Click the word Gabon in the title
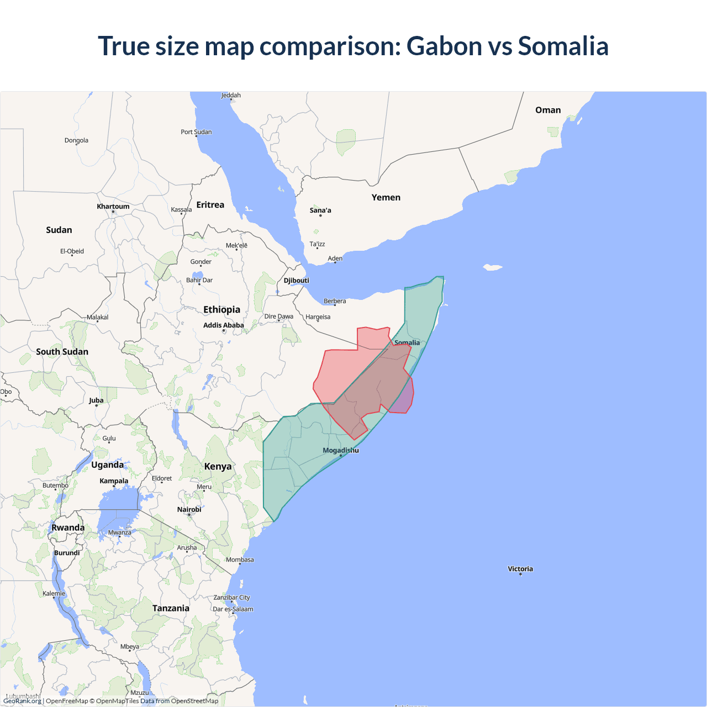pos(444,46)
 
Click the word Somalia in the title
pos(563,46)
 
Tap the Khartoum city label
pos(113,207)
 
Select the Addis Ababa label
pos(223,325)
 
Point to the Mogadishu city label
pos(341,450)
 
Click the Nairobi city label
pos(189,510)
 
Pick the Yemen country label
pos(386,198)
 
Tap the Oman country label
pos(548,110)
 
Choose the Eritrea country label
pos(210,205)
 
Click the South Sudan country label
pos(62,352)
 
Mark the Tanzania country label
pos(171,608)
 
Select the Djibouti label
pos(297,281)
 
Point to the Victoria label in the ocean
pos(520,569)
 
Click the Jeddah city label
pos(231,96)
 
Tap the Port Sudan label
pos(196,132)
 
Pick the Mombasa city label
pos(240,560)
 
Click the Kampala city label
pos(114,481)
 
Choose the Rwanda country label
pos(68,527)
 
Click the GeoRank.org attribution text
pos(22,701)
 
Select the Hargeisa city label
pos(318,317)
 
